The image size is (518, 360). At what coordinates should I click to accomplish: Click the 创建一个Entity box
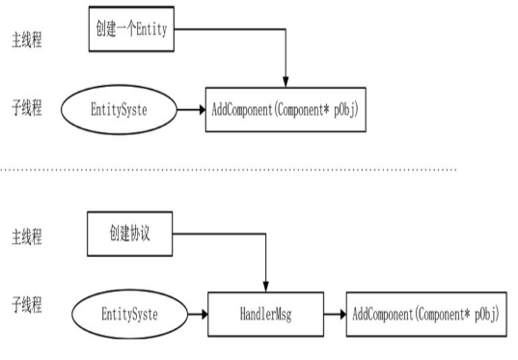(131, 29)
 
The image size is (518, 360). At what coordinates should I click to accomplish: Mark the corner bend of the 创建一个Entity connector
(286, 29)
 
